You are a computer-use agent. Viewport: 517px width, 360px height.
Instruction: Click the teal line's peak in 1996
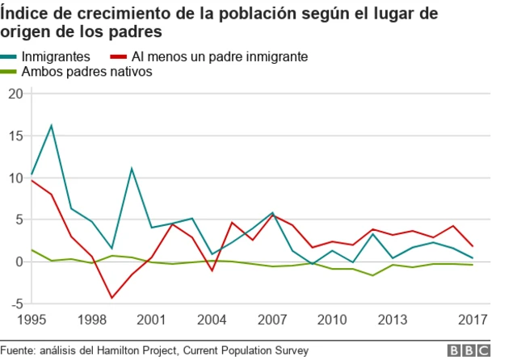(x=52, y=125)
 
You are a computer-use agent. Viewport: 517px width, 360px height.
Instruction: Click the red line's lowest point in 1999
(x=111, y=298)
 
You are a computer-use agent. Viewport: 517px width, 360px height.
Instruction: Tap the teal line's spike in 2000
(x=132, y=169)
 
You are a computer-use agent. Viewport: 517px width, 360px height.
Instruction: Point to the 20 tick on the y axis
(x=15, y=94)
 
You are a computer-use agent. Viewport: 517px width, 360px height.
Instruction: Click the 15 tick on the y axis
(x=15, y=136)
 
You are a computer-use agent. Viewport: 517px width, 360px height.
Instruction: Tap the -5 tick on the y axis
(x=15, y=303)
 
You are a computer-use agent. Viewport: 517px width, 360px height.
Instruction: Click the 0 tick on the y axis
(x=18, y=262)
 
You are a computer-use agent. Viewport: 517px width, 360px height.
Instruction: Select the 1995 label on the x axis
(x=32, y=319)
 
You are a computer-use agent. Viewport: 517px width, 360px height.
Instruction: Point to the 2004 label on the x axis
(x=212, y=319)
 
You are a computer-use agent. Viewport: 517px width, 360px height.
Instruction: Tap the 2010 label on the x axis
(x=331, y=319)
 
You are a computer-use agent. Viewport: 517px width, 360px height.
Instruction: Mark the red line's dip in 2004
(x=212, y=270)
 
